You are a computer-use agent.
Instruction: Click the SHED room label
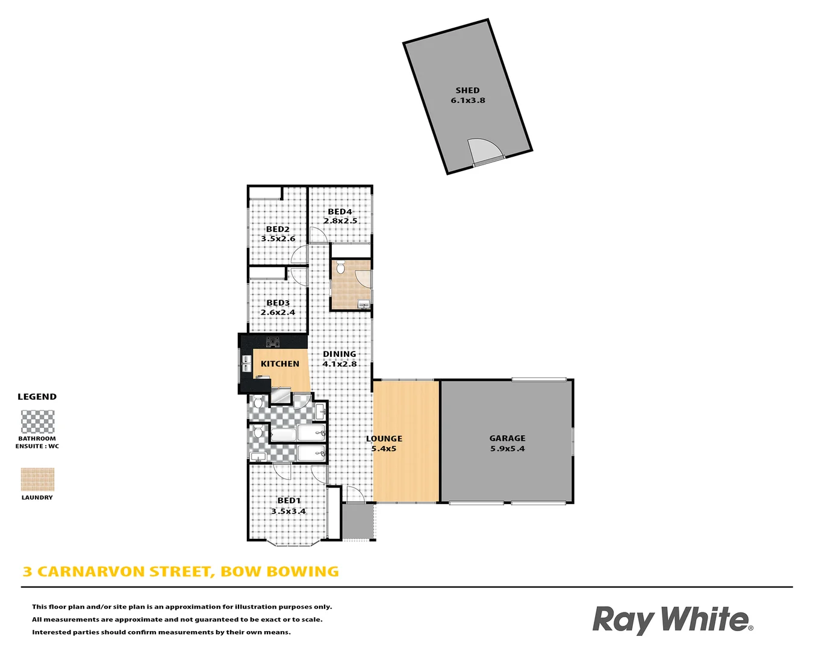pos(467,90)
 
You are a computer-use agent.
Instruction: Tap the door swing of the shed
pos(484,151)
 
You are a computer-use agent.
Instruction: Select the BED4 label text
pos(340,212)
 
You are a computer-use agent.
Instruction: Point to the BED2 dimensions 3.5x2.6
pos(278,239)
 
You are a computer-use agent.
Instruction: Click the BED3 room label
pos(278,303)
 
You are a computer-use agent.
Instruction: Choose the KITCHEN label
pos(280,363)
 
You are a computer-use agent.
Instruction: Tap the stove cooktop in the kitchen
pos(273,342)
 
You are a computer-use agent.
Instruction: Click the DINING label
pos(340,354)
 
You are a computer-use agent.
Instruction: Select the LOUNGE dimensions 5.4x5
pos(384,448)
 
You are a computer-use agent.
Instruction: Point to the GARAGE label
pos(507,438)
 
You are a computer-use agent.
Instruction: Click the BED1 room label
pos(289,501)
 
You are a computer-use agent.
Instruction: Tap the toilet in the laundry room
pos(340,267)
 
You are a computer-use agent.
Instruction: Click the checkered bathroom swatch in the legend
pos(37,422)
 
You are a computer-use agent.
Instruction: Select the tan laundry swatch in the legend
pos(37,480)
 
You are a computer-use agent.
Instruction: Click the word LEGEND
pos(37,397)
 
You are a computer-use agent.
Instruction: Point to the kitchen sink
pos(246,363)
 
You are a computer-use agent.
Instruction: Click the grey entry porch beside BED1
pos(358,521)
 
